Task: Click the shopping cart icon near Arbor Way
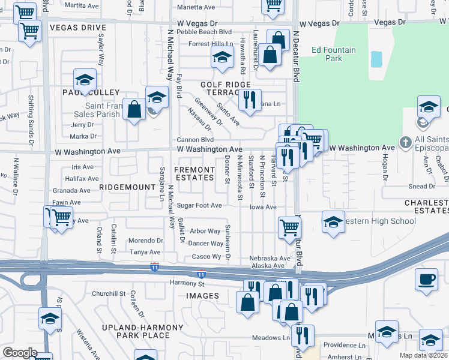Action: click(290, 227)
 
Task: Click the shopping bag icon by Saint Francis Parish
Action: click(134, 109)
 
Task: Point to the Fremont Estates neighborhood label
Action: click(194, 174)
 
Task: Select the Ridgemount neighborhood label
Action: click(127, 187)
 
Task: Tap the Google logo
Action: click(19, 353)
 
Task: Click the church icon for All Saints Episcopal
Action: click(405, 143)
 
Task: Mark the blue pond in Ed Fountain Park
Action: click(376, 59)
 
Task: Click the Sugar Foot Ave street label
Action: click(199, 206)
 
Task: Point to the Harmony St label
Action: click(187, 283)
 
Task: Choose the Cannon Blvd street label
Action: click(195, 140)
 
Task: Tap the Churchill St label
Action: click(108, 294)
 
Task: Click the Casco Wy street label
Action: click(206, 256)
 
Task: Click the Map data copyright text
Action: click(424, 355)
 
